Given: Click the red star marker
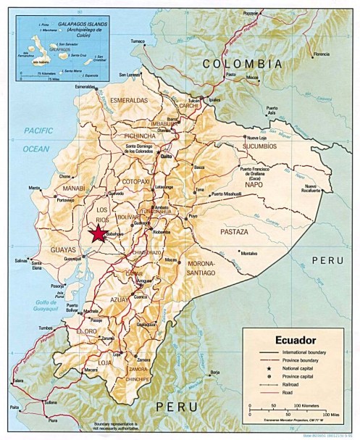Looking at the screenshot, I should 96,233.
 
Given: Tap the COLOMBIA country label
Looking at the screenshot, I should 242,64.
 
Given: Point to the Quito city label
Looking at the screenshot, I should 166,156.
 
